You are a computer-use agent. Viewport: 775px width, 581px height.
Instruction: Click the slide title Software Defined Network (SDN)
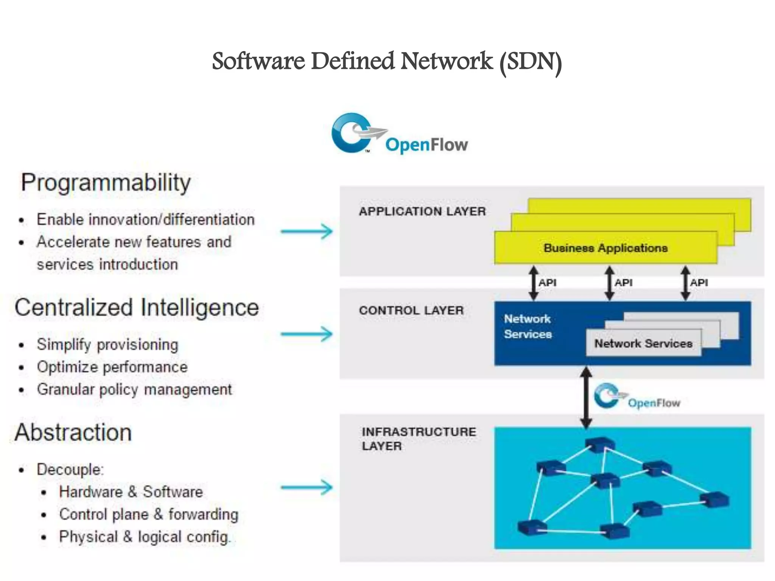387,62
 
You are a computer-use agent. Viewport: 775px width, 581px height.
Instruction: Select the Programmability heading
106,182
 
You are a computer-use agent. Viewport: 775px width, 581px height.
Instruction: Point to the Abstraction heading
73,432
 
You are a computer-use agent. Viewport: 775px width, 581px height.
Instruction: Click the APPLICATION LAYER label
422,211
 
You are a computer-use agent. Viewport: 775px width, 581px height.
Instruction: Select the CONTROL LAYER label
411,311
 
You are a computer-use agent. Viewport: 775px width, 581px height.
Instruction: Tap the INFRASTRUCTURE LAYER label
419,438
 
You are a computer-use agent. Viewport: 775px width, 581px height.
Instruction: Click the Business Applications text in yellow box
605,248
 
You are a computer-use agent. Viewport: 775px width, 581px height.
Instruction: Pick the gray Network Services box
643,343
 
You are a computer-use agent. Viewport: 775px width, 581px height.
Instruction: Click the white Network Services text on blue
528,326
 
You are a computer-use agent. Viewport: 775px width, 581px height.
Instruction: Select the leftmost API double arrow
534,283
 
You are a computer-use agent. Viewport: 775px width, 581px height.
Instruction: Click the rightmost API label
699,283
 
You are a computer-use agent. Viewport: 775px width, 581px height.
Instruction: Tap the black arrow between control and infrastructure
586,397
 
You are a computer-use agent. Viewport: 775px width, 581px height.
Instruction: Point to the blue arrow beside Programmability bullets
307,231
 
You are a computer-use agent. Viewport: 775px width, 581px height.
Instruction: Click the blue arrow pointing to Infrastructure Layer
307,487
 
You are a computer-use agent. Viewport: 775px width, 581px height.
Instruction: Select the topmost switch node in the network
599,445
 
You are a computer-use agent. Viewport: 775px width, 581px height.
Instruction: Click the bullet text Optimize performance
112,367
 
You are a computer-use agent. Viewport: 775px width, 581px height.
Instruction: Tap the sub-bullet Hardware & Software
131,492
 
